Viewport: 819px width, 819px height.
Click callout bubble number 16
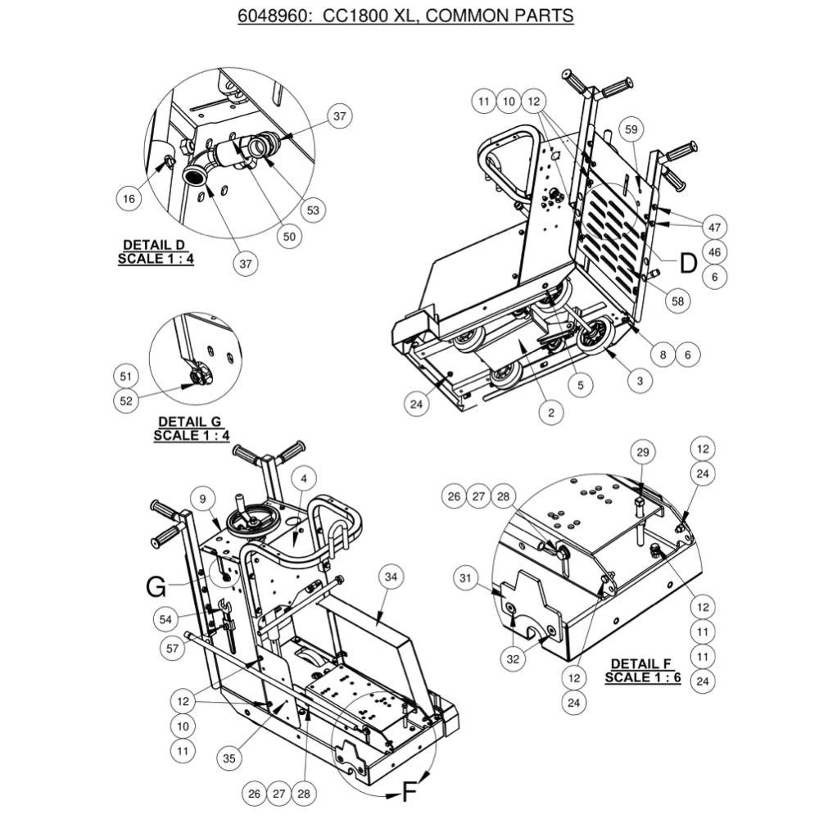tap(128, 199)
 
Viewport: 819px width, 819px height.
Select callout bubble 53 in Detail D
tap(312, 210)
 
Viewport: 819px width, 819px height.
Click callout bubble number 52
tap(125, 400)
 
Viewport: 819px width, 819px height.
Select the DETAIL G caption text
tap(188, 428)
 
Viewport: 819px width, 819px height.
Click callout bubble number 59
tap(631, 129)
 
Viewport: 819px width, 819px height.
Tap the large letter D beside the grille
tap(688, 262)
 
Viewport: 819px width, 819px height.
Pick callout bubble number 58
tap(677, 301)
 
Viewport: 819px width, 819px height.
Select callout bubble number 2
tap(551, 414)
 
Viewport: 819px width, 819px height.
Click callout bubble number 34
tap(391, 578)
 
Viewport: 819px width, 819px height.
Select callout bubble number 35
tap(229, 759)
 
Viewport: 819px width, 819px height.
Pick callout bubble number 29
tap(642, 453)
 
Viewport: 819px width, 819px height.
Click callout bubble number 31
tap(467, 579)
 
